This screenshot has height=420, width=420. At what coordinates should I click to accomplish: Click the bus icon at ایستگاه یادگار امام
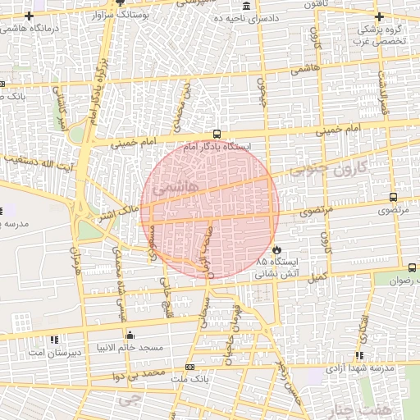tap(217, 134)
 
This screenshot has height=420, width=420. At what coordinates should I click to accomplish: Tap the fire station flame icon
tap(277, 249)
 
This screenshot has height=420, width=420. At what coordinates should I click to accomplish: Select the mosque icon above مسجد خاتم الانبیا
tap(130, 335)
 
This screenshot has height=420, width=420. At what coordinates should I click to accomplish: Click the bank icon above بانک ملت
tap(190, 367)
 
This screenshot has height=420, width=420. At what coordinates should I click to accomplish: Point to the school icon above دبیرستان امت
tap(54, 339)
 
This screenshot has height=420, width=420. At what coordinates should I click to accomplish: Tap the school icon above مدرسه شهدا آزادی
tap(359, 355)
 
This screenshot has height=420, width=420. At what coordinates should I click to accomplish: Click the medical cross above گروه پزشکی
tap(378, 16)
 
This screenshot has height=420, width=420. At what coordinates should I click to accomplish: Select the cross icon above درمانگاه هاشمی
tap(30, 16)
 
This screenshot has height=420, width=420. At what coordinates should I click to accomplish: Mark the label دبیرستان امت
tap(54, 351)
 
